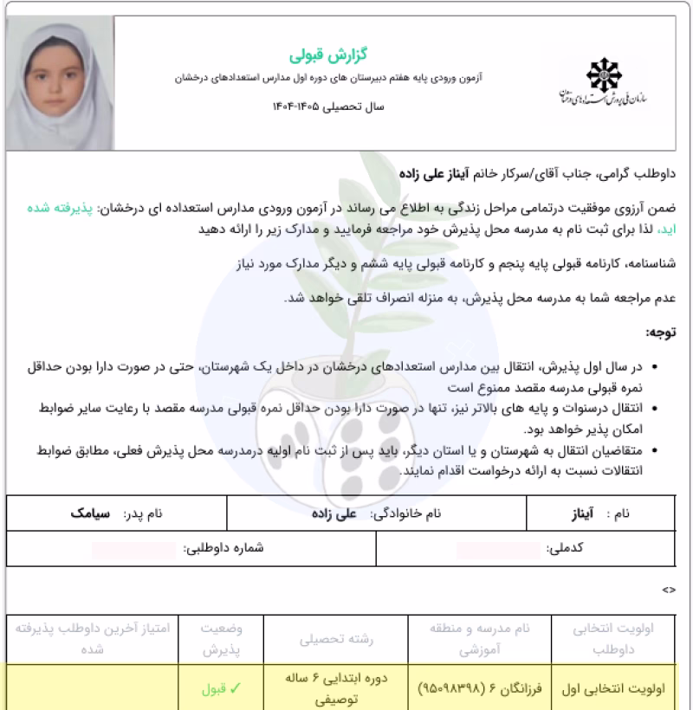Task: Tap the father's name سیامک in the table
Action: [x=90, y=513]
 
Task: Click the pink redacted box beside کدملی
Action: [x=498, y=548]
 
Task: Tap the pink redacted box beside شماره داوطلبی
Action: [x=135, y=548]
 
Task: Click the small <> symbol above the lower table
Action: [x=668, y=589]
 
